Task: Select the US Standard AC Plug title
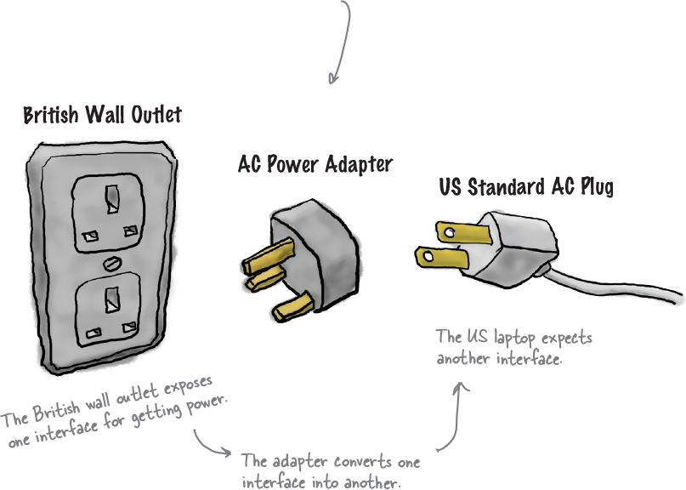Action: click(x=525, y=186)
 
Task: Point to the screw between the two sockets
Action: click(x=109, y=264)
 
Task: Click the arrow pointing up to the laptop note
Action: click(x=455, y=417)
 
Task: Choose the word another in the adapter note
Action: click(x=361, y=481)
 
